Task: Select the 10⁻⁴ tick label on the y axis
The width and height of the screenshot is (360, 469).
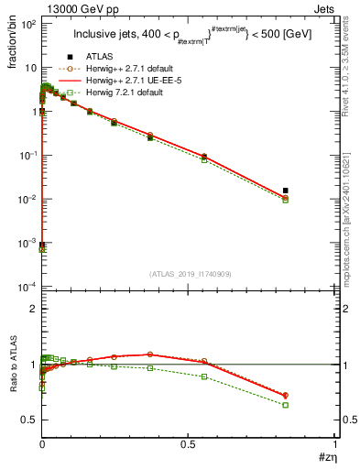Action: click(27, 287)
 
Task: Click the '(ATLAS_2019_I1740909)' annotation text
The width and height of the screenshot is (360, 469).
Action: click(189, 274)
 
